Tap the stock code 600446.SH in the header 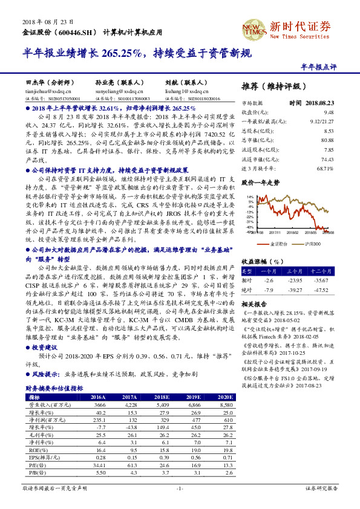74,31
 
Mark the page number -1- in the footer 180,487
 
